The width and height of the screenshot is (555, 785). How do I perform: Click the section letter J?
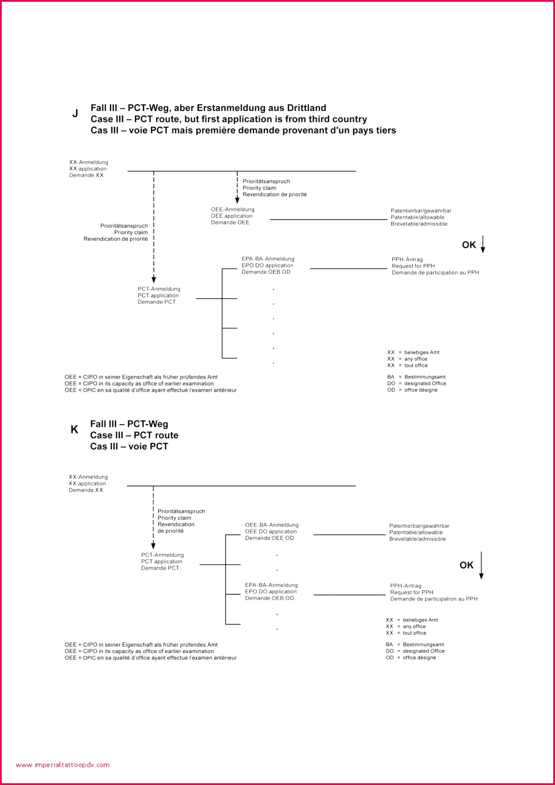75,114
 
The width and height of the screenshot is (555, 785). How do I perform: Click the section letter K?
74,430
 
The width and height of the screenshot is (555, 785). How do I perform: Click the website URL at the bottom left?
63,765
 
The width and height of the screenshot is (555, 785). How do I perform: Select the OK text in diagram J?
469,245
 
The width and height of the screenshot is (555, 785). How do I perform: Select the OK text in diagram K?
466,565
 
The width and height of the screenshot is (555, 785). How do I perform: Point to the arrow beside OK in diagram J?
483,244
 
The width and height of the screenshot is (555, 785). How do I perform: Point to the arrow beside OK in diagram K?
481,565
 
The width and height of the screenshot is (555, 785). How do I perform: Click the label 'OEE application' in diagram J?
232,216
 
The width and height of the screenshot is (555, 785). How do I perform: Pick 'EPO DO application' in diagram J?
267,266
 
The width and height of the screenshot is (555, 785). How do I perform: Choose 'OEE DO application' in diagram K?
271,532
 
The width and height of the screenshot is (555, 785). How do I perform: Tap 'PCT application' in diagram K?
162,562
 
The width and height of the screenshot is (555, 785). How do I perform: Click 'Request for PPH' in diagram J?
413,266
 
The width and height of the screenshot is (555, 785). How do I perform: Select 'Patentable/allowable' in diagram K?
416,533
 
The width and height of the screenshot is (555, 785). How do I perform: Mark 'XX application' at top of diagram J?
88,169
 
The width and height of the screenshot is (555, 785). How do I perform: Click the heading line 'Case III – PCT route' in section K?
134,435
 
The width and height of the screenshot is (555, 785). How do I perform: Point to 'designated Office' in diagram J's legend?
425,384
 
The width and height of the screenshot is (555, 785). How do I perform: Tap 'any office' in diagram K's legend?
414,626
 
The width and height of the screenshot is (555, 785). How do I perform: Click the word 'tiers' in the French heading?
384,130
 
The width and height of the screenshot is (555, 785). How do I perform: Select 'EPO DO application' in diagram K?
271,592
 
